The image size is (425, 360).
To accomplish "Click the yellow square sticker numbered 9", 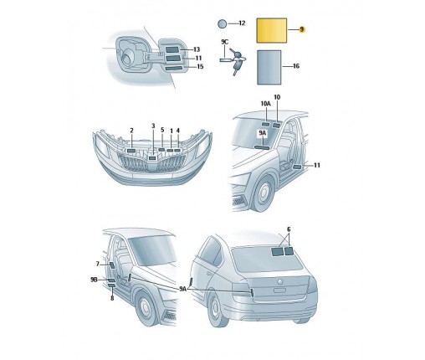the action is tap(271, 30).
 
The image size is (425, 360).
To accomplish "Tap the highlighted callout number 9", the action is tap(301, 29).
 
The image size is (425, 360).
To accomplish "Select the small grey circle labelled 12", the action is tap(222, 23).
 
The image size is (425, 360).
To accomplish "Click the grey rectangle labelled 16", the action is tap(269, 67).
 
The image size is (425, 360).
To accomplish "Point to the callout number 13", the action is tap(197, 49).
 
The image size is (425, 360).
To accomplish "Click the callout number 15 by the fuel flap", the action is tap(200, 66).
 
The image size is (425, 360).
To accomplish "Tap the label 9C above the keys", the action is tap(224, 42).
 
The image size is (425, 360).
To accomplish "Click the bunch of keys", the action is tap(237, 61).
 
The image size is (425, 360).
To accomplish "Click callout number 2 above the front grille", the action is tap(131, 131).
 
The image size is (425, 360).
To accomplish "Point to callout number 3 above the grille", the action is tap(153, 126).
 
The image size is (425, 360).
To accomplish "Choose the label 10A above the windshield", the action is tap(265, 104).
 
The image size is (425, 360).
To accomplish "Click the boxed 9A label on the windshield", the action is tap(263, 134).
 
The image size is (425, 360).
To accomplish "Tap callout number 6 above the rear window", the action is tap(289, 229).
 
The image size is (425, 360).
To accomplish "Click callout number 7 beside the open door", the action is tap(98, 264).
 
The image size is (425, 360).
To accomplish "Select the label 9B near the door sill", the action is tap(94, 280).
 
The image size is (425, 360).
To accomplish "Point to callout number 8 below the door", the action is tap(112, 298).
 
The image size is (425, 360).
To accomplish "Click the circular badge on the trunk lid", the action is tap(280, 281).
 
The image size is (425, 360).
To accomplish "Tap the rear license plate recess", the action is tap(279, 291).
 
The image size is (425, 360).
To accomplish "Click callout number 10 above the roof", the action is tap(277, 97).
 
